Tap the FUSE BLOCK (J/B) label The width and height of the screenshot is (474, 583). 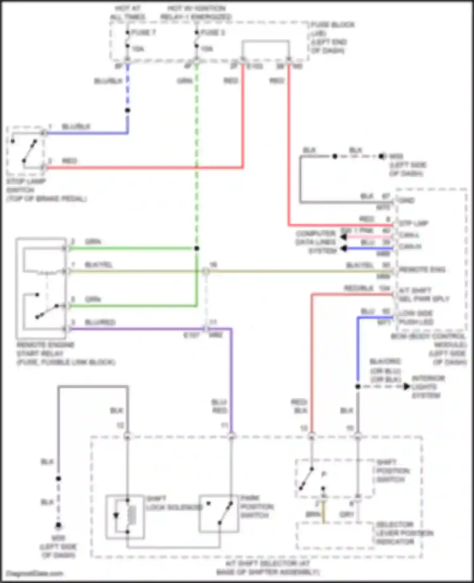[x=332, y=37]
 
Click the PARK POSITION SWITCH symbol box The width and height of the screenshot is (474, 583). [x=219, y=514]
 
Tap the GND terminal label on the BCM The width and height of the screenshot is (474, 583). [x=407, y=201]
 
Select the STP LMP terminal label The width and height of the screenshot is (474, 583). [x=414, y=224]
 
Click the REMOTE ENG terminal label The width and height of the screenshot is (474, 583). [x=422, y=270]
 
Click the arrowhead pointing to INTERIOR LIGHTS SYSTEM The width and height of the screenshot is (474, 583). [x=407, y=387]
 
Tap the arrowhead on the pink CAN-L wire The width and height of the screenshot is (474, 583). [x=343, y=237]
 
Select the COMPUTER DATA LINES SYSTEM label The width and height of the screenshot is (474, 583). [x=316, y=242]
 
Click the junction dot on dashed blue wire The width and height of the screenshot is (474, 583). [x=128, y=111]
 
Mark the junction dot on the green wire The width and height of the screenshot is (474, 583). [x=197, y=249]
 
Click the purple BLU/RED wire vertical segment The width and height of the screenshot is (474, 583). [x=232, y=379]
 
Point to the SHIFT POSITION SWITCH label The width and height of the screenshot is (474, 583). [x=393, y=471]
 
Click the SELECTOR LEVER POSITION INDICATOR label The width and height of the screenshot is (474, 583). [x=404, y=533]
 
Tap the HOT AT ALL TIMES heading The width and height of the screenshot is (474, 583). [x=128, y=12]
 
